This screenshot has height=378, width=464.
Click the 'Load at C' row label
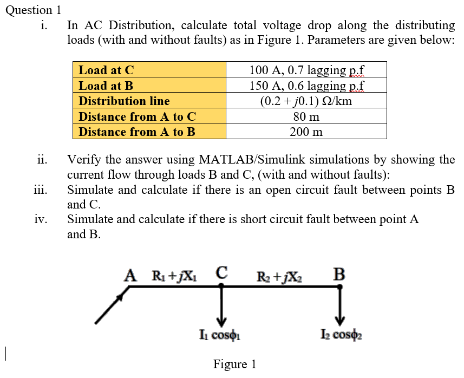[x=106, y=70]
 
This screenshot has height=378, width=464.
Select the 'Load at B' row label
[x=106, y=86]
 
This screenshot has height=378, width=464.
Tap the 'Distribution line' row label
[x=124, y=101]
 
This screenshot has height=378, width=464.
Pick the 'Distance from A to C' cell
[x=137, y=116]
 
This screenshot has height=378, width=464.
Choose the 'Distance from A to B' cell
[x=137, y=132]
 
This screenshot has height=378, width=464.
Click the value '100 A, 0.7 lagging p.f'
[x=306, y=70]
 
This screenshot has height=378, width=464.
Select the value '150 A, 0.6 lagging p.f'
[x=306, y=86]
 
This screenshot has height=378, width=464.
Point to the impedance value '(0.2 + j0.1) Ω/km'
[x=306, y=101]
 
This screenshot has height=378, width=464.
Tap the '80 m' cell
[x=306, y=116]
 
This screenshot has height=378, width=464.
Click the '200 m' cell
[x=306, y=132]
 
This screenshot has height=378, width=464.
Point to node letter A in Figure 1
[x=129, y=275]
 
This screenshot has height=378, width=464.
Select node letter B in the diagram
[x=339, y=273]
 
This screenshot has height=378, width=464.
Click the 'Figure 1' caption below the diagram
[x=234, y=364]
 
